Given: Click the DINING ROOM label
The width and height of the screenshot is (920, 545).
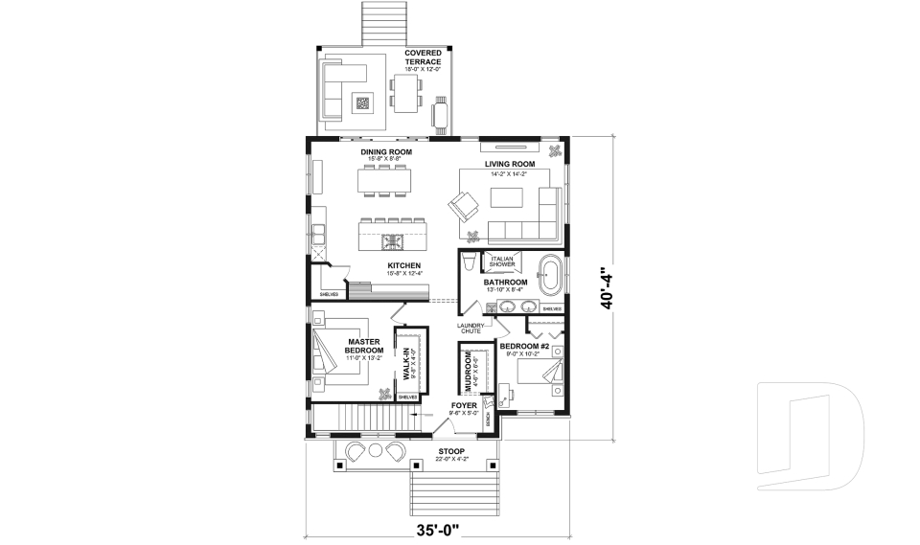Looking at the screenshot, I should tap(386, 152).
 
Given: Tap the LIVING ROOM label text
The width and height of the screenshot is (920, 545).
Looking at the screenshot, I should tap(509, 164).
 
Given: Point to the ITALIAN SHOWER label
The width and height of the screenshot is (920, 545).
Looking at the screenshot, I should tap(503, 261).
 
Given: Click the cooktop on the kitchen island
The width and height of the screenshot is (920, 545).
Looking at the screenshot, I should tap(393, 239).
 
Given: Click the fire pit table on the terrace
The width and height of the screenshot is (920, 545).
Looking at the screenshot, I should tap(363, 102).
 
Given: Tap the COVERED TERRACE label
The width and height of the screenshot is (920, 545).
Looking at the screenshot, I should tap(423, 57).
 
